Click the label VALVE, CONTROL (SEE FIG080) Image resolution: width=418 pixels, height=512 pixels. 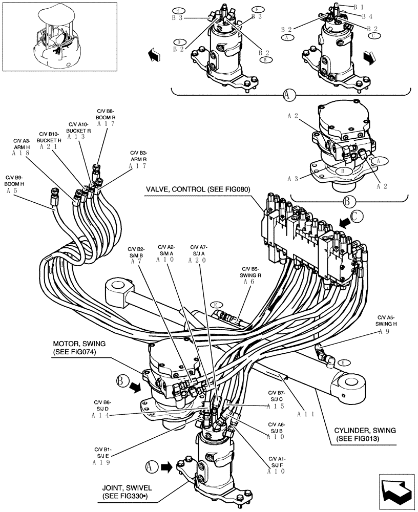click(197, 189)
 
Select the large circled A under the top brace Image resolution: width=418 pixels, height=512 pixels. click(289, 95)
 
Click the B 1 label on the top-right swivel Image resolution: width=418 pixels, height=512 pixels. click(359, 7)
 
